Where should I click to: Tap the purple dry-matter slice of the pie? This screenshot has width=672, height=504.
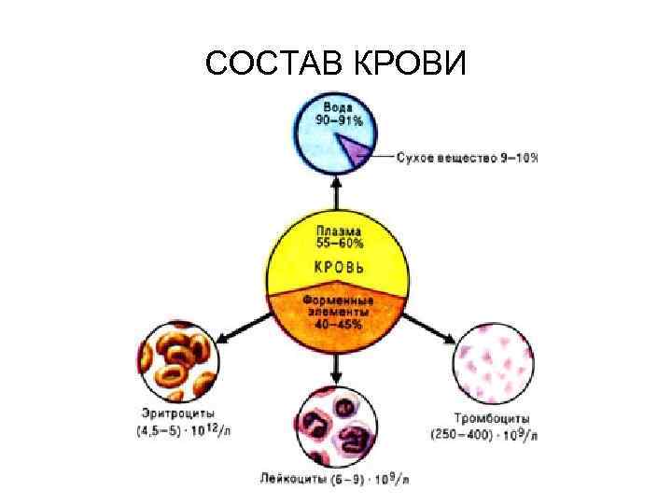[355, 150]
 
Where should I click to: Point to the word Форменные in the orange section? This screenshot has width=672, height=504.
[337, 301]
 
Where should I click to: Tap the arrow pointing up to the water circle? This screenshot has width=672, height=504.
[336, 193]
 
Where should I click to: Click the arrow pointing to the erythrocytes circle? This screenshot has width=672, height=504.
[244, 328]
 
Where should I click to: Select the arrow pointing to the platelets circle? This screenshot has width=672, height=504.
[430, 329]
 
